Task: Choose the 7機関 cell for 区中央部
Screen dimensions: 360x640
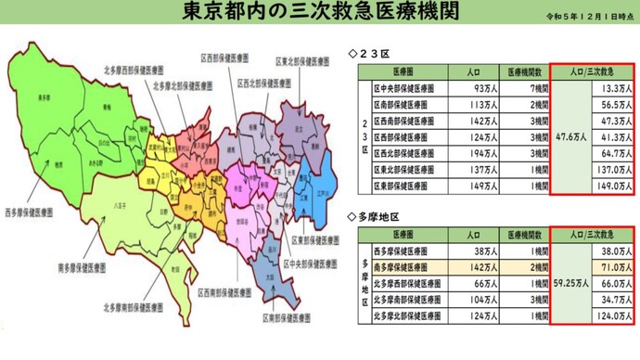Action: coord(525,88)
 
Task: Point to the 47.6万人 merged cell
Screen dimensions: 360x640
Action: coord(568,137)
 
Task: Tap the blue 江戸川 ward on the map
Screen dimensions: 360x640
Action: coord(318,198)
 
